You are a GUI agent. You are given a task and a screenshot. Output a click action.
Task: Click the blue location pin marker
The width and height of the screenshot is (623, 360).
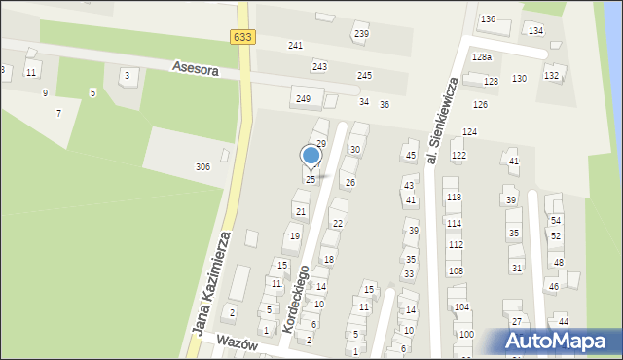(311, 156)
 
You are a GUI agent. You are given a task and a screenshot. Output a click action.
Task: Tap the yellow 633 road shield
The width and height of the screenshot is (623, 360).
(243, 37)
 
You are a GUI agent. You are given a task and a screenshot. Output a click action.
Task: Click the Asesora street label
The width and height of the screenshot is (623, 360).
(195, 68)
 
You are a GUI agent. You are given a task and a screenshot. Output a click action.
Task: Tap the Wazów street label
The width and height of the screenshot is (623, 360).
(238, 344)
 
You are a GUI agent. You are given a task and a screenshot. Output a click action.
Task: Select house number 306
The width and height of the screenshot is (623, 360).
(202, 167)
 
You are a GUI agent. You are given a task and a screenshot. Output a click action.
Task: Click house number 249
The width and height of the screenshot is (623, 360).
(303, 98)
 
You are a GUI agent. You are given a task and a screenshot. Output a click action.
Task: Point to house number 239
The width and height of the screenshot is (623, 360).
(361, 34)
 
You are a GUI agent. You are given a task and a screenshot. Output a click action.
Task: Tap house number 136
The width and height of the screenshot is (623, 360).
(488, 19)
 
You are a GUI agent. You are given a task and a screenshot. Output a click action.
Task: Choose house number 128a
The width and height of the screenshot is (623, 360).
(482, 58)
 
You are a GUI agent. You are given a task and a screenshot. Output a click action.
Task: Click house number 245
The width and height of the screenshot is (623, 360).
(364, 76)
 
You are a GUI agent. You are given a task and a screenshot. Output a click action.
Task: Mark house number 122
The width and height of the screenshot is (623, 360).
(458, 156)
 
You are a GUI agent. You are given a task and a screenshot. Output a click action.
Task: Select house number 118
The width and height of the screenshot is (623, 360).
(454, 198)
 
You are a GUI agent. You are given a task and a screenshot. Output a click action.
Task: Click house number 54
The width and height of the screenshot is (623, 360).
(556, 221)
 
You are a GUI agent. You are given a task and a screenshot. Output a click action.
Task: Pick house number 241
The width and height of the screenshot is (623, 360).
(295, 46)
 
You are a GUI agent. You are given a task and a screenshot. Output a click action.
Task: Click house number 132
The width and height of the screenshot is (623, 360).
(552, 76)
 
